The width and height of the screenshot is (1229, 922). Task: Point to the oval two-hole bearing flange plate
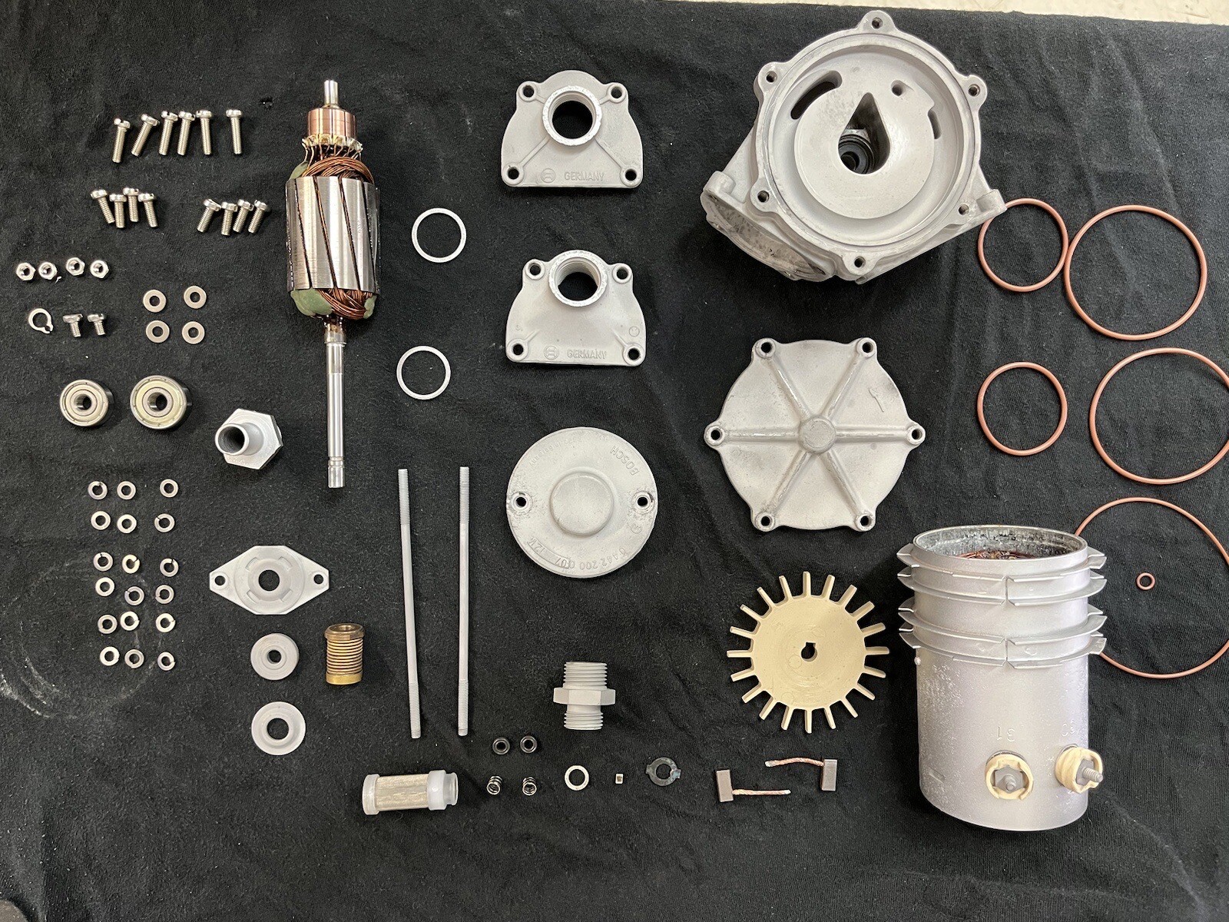click(x=270, y=582)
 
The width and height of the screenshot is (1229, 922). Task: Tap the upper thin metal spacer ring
click(x=438, y=236)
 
